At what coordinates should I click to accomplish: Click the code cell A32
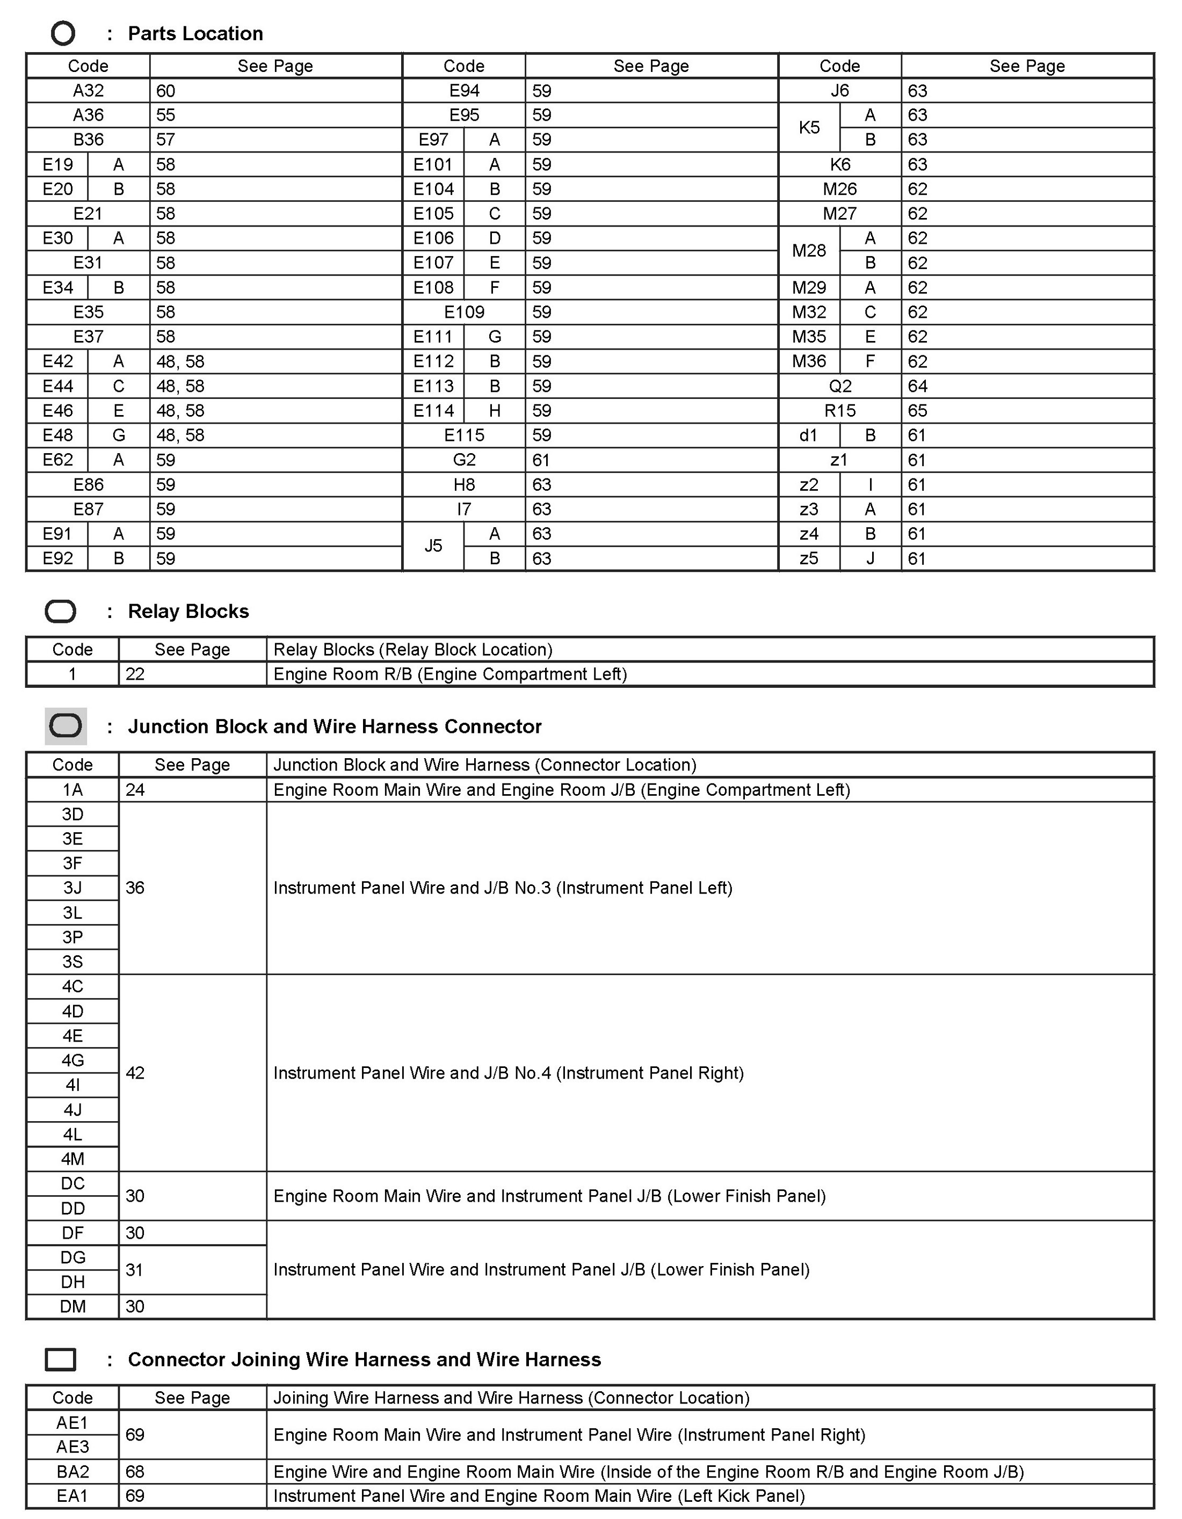[x=89, y=90]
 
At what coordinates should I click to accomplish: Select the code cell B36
[x=89, y=140]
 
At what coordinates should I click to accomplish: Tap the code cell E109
[x=464, y=312]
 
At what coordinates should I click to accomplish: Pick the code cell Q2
[x=840, y=386]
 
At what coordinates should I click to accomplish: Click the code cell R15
[x=840, y=410]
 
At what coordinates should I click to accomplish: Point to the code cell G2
[x=464, y=460]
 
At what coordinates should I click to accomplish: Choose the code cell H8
[x=464, y=485]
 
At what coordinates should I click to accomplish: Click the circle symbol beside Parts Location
[x=63, y=33]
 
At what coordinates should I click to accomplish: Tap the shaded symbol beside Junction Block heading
[x=66, y=726]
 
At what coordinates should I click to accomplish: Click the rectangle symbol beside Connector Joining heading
[x=61, y=1360]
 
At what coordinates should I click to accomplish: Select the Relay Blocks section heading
[x=188, y=612]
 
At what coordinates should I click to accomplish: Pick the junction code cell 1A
[x=72, y=789]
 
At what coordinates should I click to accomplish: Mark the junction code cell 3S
[x=72, y=962]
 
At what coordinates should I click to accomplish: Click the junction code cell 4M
[x=72, y=1159]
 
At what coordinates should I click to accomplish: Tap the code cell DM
[x=72, y=1306]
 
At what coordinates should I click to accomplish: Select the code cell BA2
[x=72, y=1472]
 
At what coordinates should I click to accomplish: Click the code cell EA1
[x=72, y=1496]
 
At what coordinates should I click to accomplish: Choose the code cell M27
[x=840, y=214]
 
